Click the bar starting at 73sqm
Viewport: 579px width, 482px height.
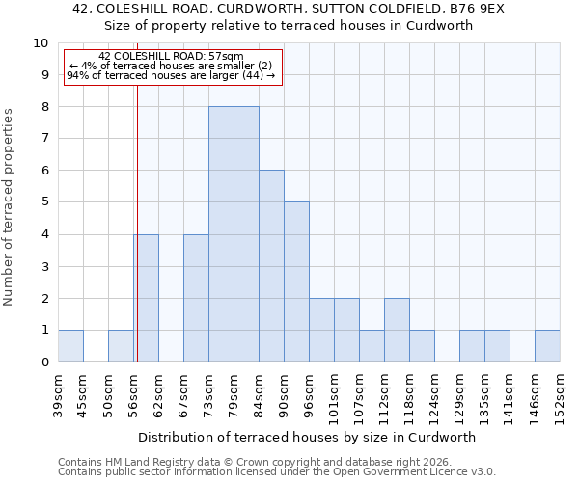(221, 234)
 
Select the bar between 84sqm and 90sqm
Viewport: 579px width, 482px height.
(271, 266)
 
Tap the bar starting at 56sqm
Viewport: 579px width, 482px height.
(146, 298)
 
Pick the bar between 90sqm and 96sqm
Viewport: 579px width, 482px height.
(296, 281)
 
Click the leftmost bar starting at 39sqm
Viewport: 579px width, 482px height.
(70, 346)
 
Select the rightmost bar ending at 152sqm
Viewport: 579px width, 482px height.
(547, 346)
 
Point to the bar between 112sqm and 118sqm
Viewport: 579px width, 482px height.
(397, 330)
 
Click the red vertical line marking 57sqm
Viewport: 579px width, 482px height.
(137, 241)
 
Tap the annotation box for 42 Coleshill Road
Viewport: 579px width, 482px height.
(173, 67)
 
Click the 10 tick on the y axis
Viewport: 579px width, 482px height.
(41, 43)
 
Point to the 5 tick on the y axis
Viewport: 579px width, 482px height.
(44, 202)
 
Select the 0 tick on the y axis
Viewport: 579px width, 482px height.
(44, 362)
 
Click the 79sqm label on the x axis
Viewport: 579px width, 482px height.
(234, 391)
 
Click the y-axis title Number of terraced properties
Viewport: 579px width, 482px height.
(10, 206)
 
